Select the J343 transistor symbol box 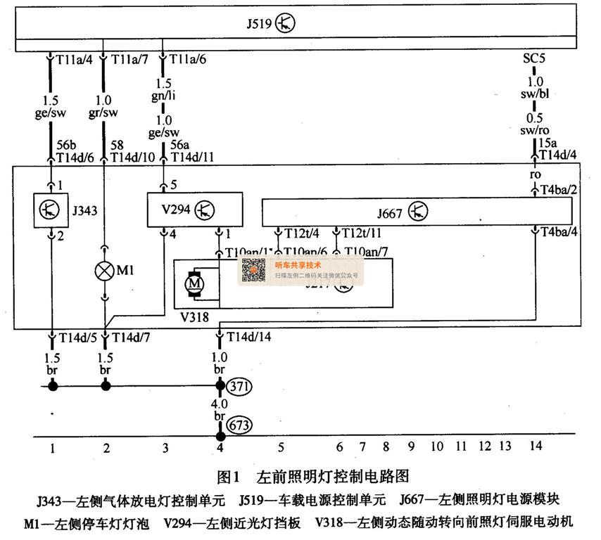[x=51, y=209]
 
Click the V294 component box [x=194, y=210]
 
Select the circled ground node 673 [x=239, y=425]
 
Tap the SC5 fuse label [x=533, y=58]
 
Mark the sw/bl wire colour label [x=536, y=93]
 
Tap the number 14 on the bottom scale [x=535, y=446]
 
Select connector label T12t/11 [x=362, y=232]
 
